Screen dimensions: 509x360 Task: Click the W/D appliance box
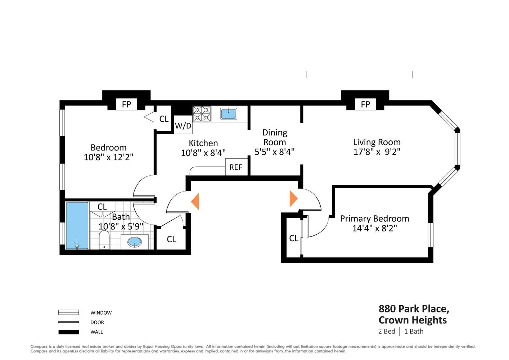pyautogui.click(x=183, y=125)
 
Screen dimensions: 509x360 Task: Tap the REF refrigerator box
pyautogui.click(x=236, y=167)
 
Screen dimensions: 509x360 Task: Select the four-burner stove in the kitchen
pyautogui.click(x=202, y=114)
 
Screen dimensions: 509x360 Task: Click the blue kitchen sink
pyautogui.click(x=228, y=114)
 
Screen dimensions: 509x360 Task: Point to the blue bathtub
pyautogui.click(x=77, y=225)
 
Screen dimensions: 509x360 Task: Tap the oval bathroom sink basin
pyautogui.click(x=135, y=242)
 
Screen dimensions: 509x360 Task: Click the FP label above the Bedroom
pyautogui.click(x=127, y=104)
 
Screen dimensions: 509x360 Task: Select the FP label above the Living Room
pyautogui.click(x=365, y=104)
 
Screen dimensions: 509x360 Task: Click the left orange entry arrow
pyautogui.click(x=195, y=201)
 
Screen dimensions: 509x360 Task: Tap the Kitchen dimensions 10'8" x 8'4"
pyautogui.click(x=203, y=153)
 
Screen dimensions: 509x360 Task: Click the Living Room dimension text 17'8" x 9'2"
pyautogui.click(x=377, y=152)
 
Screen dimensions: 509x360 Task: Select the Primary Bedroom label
pyautogui.click(x=374, y=219)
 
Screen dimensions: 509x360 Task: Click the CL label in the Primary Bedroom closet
pyautogui.click(x=294, y=238)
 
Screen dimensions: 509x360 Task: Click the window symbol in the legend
pyautogui.click(x=69, y=312)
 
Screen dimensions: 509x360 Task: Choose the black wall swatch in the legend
pyautogui.click(x=69, y=332)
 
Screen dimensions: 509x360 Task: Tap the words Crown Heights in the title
pyautogui.click(x=413, y=320)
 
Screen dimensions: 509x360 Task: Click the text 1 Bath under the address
pyautogui.click(x=414, y=331)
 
